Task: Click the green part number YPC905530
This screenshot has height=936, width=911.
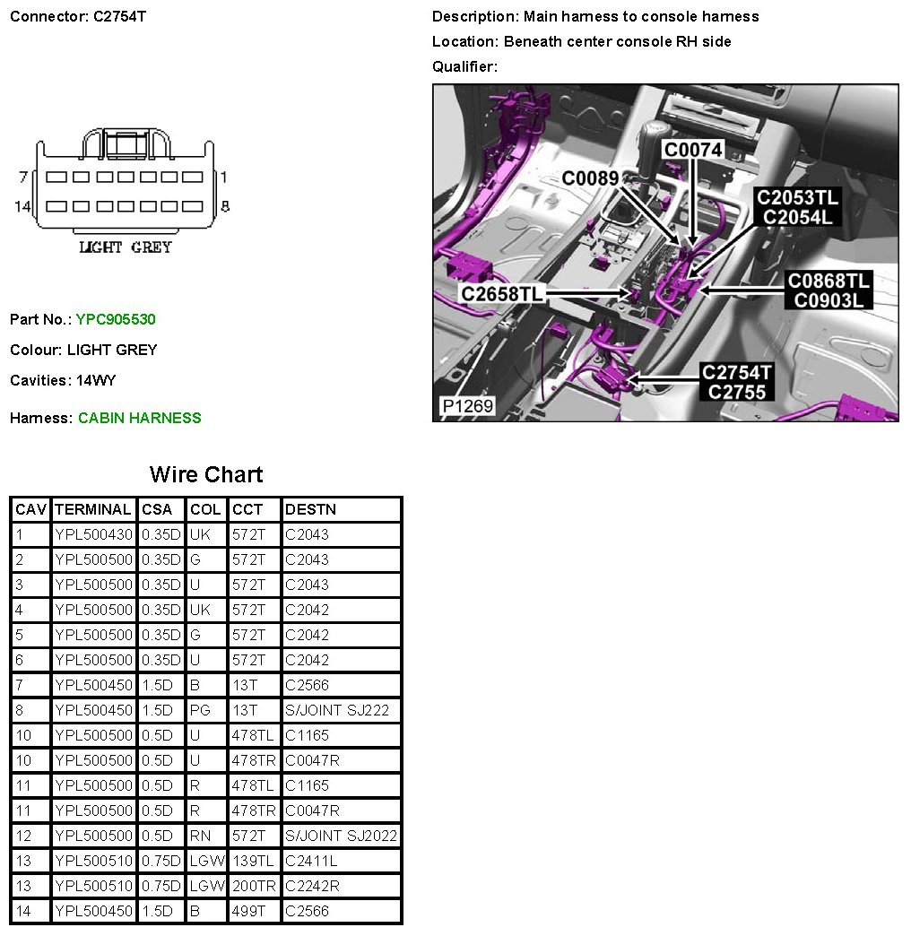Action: point(117,319)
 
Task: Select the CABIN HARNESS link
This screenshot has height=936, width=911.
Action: point(139,418)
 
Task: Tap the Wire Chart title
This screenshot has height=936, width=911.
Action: point(206,474)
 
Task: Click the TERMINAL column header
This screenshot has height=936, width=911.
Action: point(92,509)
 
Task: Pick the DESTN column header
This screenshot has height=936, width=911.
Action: point(310,509)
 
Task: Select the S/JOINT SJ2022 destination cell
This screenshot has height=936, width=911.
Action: point(341,836)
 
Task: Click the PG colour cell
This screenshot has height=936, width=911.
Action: point(199,710)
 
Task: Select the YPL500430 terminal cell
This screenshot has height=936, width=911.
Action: point(93,534)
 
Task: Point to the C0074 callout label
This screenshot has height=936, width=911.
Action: point(693,150)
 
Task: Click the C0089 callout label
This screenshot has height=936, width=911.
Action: point(590,178)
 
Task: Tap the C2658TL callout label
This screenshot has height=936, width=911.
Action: point(502,293)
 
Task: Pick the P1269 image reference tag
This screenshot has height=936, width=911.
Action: point(466,406)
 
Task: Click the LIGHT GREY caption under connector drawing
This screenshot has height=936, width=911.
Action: point(126,247)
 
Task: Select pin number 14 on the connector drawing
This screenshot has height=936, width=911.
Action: point(22,206)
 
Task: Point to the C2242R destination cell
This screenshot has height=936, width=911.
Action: point(310,886)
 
